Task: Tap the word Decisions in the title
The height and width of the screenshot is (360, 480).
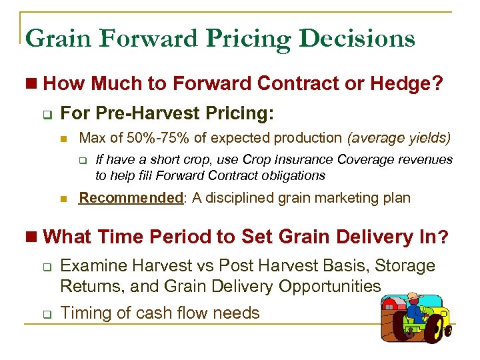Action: pos(357,38)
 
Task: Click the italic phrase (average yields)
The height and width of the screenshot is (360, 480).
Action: pos(399,138)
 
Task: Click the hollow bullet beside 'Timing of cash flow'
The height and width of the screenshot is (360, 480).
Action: pos(45,313)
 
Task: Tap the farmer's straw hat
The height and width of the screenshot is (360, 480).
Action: pos(417,297)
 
